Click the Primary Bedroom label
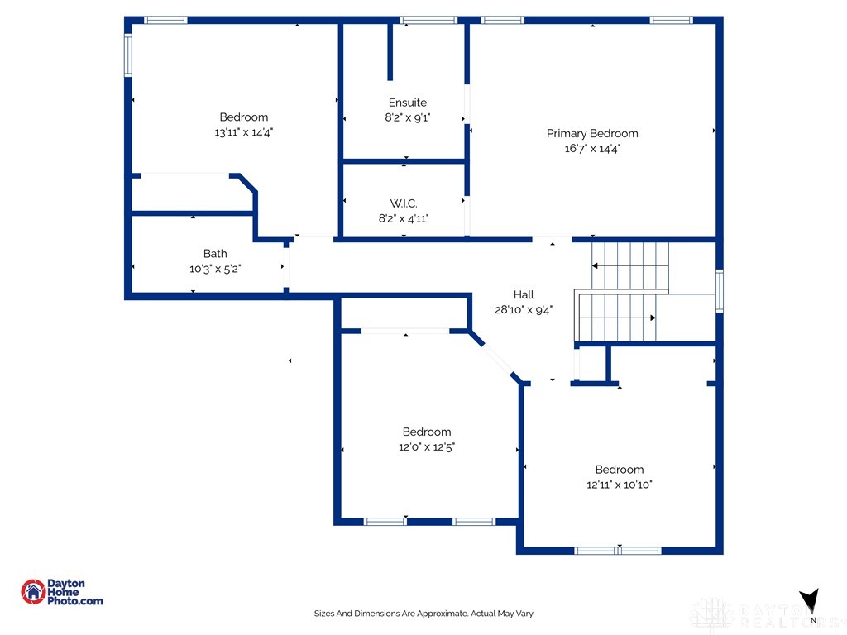tap(592, 133)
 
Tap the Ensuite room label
tap(407, 103)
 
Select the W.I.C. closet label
tap(404, 203)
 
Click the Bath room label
tap(215, 254)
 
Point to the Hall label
tap(524, 294)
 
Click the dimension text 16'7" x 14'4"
tap(592, 149)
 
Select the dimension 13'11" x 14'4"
tap(243, 132)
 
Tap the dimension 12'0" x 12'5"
tap(427, 447)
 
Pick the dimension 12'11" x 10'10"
tap(620, 485)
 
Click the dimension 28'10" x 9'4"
tap(524, 310)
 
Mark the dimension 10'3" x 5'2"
tap(215, 269)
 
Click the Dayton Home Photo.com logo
tap(62, 592)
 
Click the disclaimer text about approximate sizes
tap(423, 614)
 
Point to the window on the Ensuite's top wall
tap(428, 20)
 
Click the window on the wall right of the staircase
tap(719, 290)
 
